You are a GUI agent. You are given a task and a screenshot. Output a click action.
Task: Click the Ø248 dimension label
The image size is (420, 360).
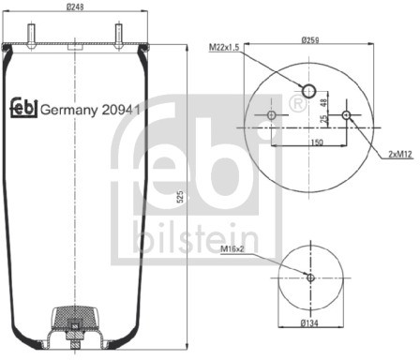75,7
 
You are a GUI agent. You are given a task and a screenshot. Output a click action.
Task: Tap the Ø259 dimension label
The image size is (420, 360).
310,40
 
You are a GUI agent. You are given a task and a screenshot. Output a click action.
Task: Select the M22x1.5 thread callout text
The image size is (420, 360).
224,48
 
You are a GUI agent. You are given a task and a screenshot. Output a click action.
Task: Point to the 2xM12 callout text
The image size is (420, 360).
400,154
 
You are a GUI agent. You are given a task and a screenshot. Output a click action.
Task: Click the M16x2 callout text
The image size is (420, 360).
232,248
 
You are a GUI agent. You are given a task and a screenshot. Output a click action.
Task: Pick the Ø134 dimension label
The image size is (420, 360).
309,323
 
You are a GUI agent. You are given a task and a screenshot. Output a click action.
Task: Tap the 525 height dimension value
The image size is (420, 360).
180,197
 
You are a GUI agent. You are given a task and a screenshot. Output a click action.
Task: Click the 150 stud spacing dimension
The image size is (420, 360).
317,142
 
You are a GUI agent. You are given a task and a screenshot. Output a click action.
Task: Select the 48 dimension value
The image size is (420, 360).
324,102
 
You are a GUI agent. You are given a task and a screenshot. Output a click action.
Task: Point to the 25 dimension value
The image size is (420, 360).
324,119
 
